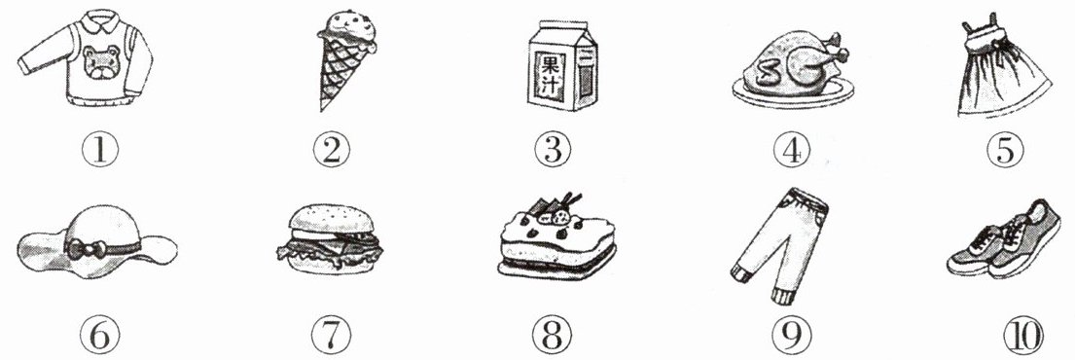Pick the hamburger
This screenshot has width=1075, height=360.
330,239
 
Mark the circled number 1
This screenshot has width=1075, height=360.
100,149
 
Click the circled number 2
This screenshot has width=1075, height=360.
331,149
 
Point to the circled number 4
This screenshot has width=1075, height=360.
791,149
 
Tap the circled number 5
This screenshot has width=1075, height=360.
1005,149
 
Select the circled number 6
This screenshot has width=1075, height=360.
100,336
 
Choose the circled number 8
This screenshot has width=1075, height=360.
553,336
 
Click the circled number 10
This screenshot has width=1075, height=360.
1022,336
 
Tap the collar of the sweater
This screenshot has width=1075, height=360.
100,18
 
